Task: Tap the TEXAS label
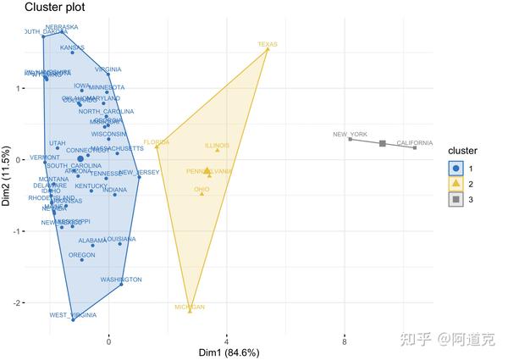click(x=268, y=44)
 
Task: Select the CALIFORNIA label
click(x=415, y=143)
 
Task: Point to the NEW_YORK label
click(x=350, y=135)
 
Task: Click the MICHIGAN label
click(x=190, y=307)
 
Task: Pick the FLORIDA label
click(x=157, y=142)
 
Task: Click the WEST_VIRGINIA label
click(x=73, y=315)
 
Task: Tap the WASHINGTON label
click(x=121, y=280)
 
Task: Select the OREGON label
click(x=82, y=255)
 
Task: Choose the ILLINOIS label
click(x=217, y=146)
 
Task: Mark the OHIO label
click(x=202, y=189)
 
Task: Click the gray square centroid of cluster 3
click(x=383, y=143)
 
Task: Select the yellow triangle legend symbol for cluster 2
click(x=456, y=183)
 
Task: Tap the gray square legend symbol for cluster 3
click(x=456, y=199)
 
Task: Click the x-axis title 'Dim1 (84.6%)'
click(x=229, y=352)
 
